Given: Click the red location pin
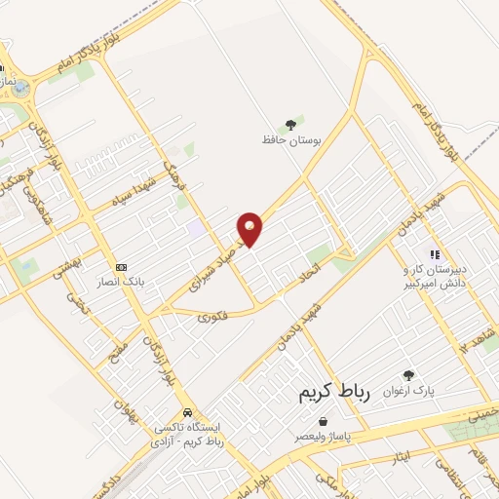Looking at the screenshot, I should (250, 228).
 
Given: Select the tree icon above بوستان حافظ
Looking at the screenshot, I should (288, 124).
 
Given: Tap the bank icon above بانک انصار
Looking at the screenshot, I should (122, 266).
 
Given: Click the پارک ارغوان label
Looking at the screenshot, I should (408, 392).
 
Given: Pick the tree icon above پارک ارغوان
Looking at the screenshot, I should (408, 375).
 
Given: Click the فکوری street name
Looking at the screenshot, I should (212, 316).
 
